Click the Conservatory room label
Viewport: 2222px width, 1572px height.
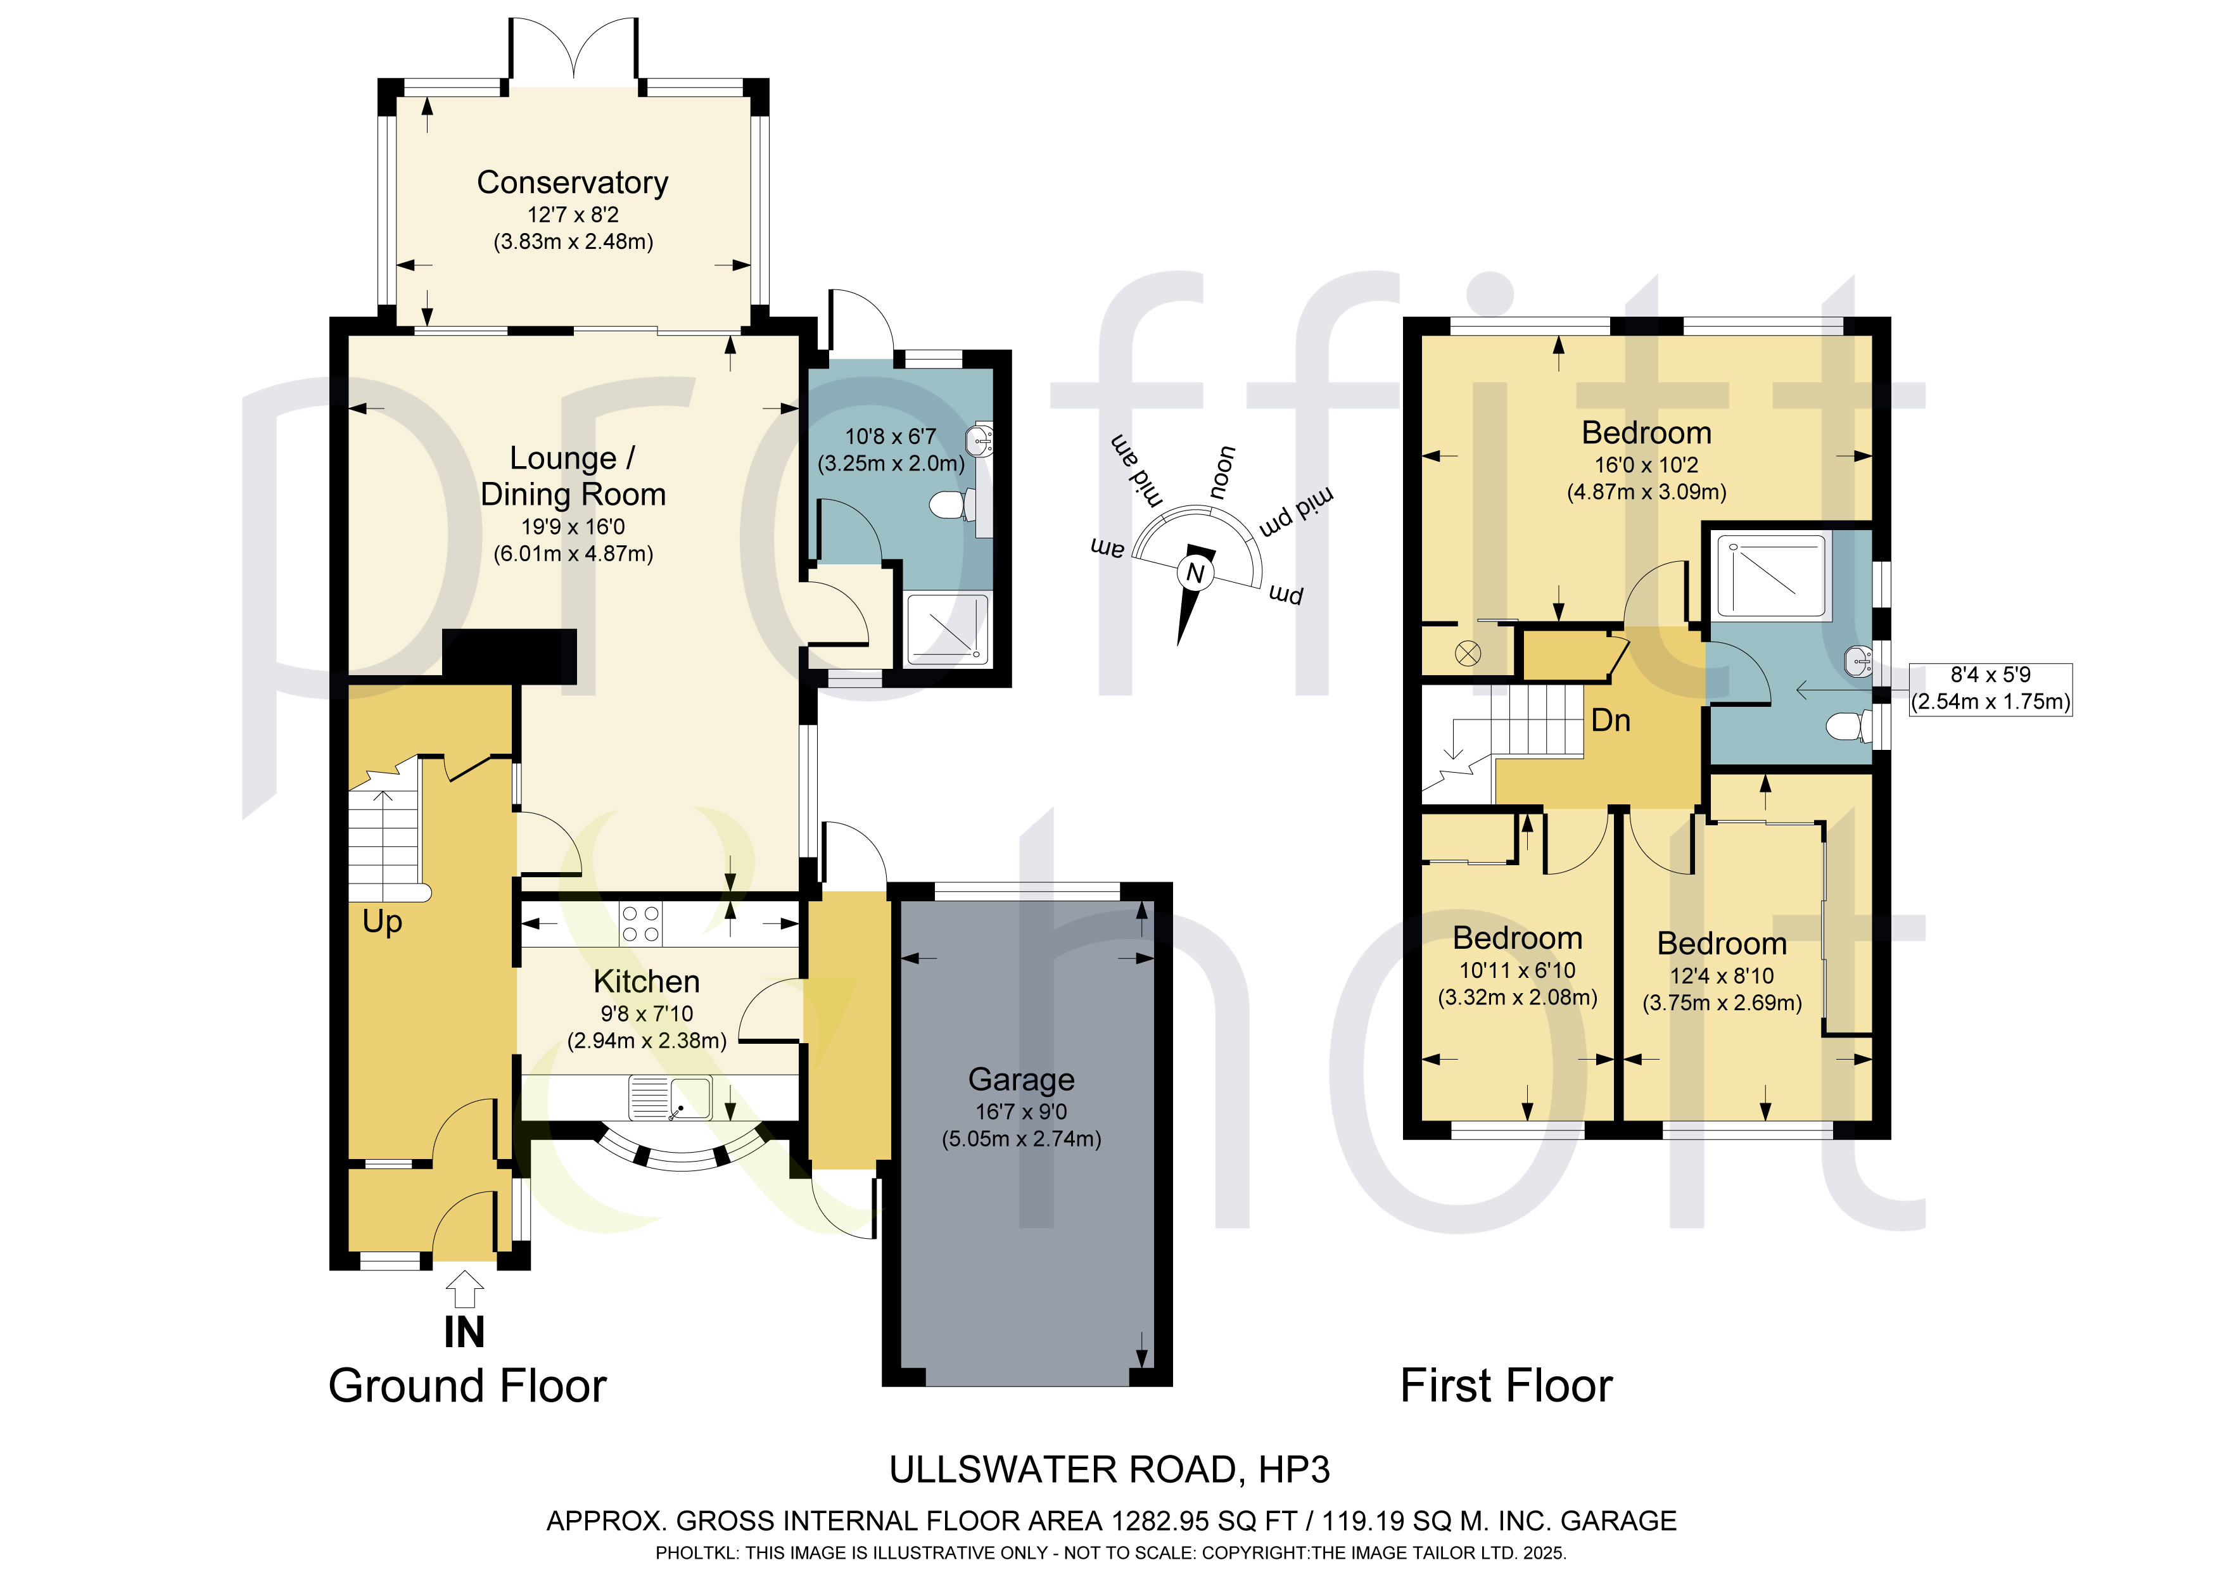(573, 182)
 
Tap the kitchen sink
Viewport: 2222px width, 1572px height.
(670, 1098)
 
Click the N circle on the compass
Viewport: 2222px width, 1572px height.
(1195, 573)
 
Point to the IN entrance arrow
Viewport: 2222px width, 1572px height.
(464, 1290)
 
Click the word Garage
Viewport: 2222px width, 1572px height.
(1021, 1079)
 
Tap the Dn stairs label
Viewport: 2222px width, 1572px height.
(1610, 720)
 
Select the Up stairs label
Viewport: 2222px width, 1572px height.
(383, 922)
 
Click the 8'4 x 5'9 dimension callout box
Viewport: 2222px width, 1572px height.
(1991, 688)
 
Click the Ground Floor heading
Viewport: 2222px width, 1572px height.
(467, 1385)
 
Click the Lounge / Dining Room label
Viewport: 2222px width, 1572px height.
(573, 475)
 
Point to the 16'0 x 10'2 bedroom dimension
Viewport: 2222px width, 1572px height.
(1646, 465)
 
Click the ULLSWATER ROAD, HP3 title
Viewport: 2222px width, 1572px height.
(1110, 1469)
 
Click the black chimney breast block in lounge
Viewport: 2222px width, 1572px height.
(510, 652)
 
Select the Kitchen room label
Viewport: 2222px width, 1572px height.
(647, 982)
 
